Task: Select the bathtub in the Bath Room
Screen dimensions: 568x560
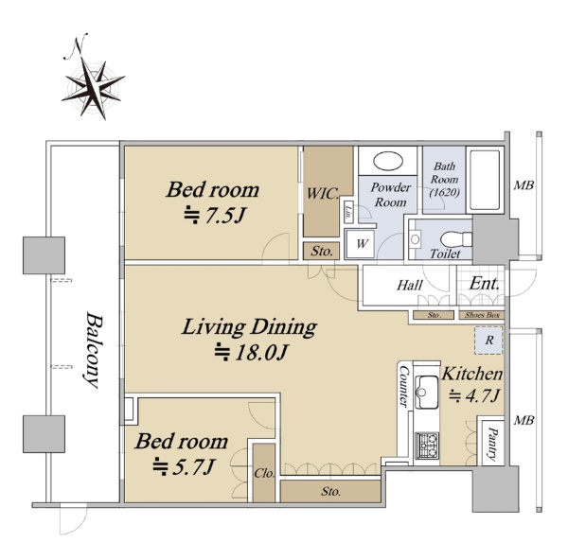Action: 485,180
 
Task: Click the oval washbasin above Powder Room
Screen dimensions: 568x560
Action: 388,161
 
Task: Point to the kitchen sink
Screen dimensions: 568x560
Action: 427,392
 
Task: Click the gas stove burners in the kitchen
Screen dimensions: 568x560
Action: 427,445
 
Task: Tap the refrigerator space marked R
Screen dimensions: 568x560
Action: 489,341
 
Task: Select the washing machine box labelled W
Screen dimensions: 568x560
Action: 360,244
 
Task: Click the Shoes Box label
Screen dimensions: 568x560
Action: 482,315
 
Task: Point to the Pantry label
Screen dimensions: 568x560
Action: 492,444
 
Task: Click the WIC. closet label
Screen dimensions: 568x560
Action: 323,194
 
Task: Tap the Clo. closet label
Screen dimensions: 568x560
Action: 264,473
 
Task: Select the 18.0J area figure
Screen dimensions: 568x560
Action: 252,352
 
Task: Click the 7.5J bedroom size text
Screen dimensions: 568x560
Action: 215,216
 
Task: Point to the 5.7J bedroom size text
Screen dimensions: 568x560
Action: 183,467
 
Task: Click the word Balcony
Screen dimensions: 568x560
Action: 92,350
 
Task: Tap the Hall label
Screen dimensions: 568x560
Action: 410,286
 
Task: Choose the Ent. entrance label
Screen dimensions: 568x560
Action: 485,284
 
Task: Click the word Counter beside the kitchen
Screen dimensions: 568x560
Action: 404,386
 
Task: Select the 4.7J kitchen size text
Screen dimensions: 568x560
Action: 474,395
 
